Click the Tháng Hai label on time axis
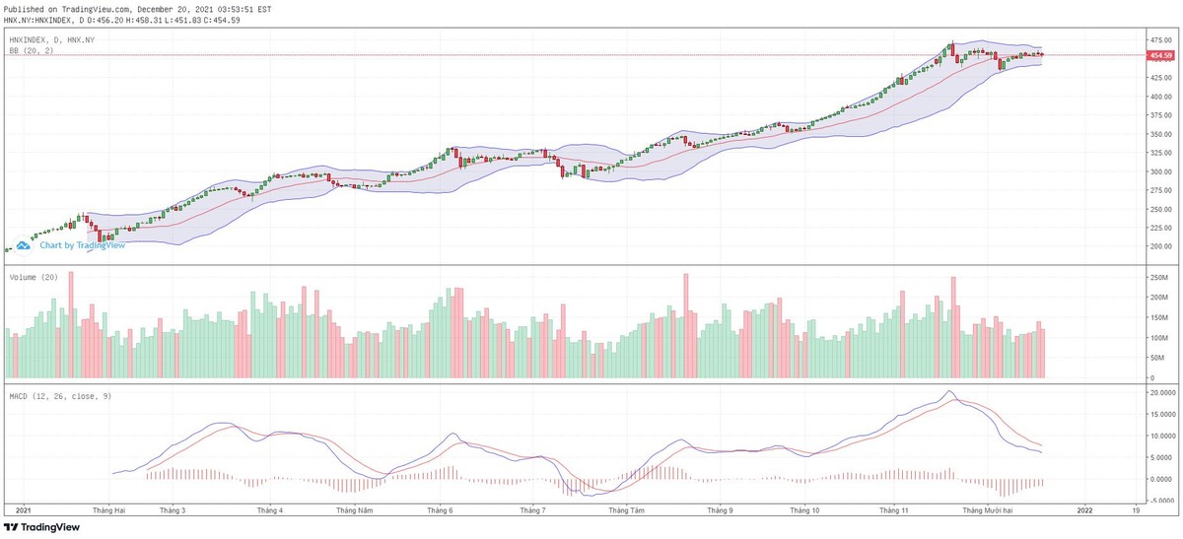tap(108, 511)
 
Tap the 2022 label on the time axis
tap(1084, 511)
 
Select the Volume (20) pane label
tap(33, 278)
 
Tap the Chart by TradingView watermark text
tap(82, 245)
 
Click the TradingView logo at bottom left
tap(41, 527)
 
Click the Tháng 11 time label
tap(893, 511)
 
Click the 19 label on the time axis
tap(1136, 511)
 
